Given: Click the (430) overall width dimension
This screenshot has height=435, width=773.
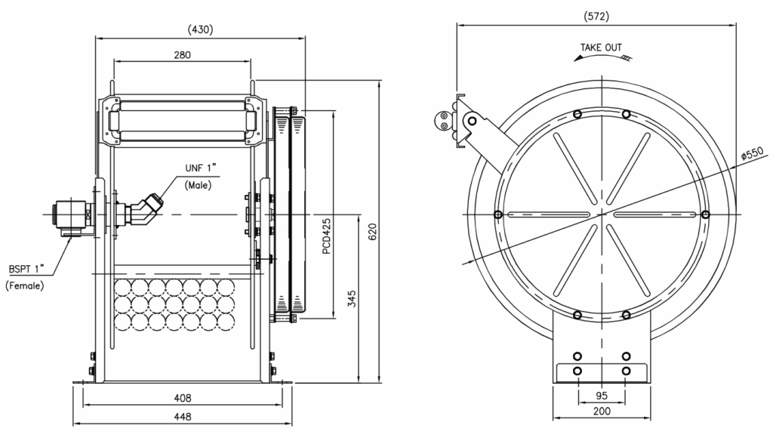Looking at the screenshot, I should tap(200, 30).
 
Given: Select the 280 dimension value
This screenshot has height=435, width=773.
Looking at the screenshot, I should tap(182, 54).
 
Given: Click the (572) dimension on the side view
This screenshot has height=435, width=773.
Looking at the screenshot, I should tap(596, 16).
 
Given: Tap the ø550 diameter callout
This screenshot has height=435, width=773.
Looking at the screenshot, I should tap(752, 152).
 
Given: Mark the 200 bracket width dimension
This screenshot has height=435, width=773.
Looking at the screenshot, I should tap(602, 412).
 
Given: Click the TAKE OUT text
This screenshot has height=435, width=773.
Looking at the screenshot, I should tap(601, 48).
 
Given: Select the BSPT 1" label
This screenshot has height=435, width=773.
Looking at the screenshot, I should tap(27, 269).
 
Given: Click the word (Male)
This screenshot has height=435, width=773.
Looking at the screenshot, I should tap(198, 184).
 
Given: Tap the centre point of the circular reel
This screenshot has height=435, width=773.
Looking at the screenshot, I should tap(602, 214).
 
